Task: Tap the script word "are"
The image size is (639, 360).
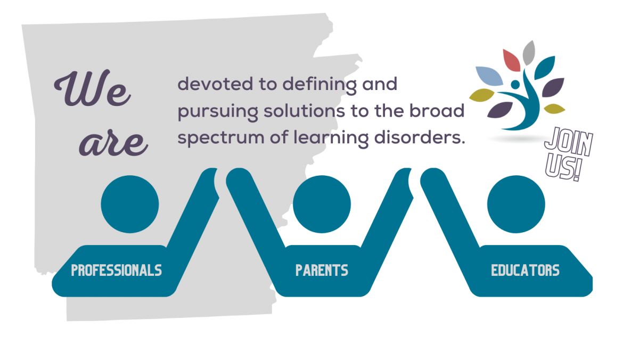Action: (x=113, y=143)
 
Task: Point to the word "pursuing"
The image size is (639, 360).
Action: (x=218, y=112)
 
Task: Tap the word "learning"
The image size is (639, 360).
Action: (x=331, y=138)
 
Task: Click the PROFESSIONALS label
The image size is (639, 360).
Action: (x=117, y=270)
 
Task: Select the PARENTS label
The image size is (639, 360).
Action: (x=322, y=270)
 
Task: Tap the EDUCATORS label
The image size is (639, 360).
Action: (x=525, y=270)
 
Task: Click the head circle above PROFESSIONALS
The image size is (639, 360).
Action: (x=130, y=204)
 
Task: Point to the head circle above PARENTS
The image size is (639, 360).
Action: (x=322, y=204)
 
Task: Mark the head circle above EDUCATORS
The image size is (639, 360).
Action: (x=516, y=204)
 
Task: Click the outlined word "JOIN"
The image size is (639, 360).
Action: (x=569, y=142)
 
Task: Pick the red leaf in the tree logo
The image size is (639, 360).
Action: (x=511, y=60)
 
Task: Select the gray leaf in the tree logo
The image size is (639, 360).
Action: (x=529, y=53)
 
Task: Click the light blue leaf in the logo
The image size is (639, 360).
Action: (x=489, y=76)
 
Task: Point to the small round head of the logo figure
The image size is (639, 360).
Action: (x=515, y=84)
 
